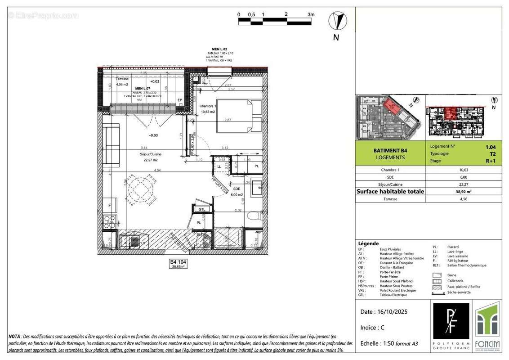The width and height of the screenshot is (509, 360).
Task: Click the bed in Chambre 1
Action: click(238, 116)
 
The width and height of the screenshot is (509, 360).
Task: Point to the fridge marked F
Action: click(109, 206)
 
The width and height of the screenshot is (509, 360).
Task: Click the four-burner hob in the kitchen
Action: click(109, 221)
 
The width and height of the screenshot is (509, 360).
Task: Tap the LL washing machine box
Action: click(220, 166)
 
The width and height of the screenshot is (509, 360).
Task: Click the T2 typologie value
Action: click(493, 153)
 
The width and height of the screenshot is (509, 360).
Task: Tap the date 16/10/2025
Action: click(384, 312)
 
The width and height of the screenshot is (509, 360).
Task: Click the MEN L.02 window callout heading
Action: click(220, 49)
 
